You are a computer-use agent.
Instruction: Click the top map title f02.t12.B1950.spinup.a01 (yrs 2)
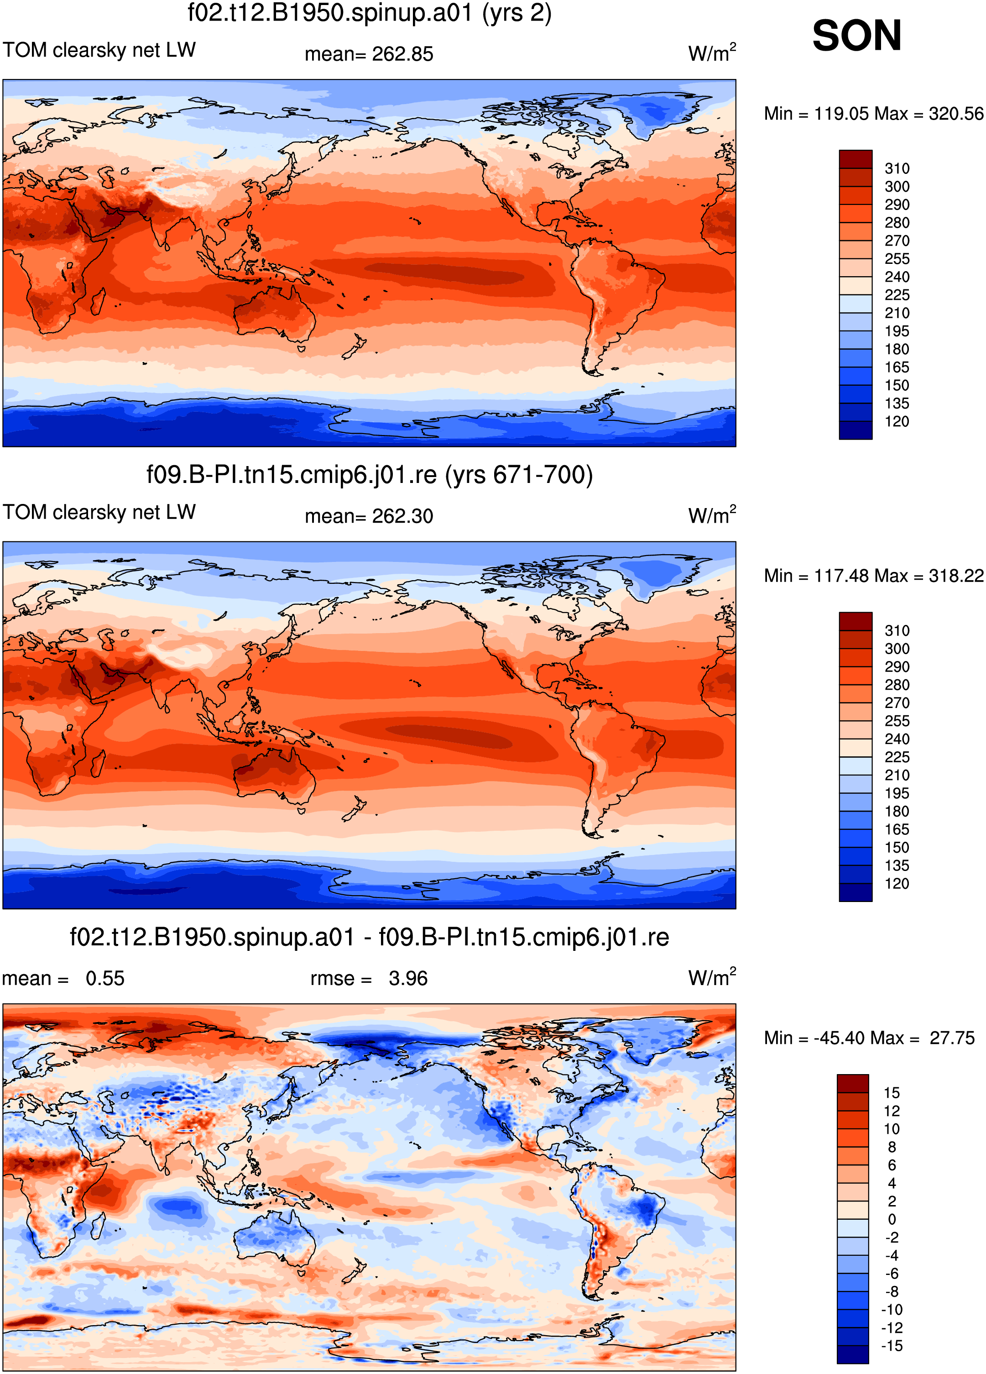pos(370,13)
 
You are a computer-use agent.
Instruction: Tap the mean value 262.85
pos(403,54)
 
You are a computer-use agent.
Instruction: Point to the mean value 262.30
pos(403,516)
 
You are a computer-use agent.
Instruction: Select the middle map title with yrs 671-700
pos(370,475)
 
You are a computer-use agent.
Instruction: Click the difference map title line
pos(370,937)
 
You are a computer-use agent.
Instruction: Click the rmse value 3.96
pos(408,978)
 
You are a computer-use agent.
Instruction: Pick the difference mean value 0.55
pos(105,978)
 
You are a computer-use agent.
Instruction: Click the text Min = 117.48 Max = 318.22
pos(873,576)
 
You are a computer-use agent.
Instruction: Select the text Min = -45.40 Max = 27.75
pos(869,1038)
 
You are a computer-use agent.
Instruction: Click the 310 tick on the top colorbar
pos(897,168)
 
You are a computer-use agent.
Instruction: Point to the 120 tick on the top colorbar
pos(897,422)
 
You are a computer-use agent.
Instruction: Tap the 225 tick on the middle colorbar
pos(897,757)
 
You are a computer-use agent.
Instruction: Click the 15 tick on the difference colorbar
pos(892,1093)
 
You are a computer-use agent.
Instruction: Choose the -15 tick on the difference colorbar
pos(892,1346)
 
